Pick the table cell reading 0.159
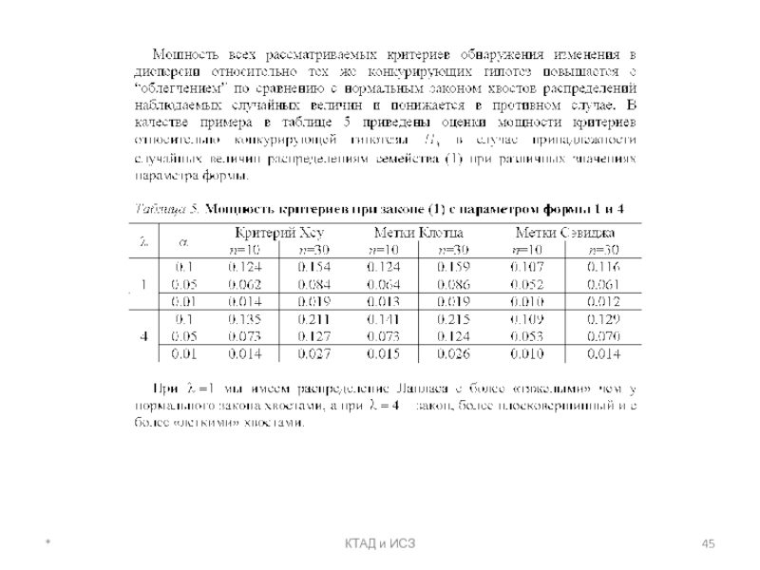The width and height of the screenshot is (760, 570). (453, 267)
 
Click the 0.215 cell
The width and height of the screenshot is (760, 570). (453, 319)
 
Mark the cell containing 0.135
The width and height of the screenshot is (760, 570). (244, 319)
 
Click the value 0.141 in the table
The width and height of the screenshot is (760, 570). (384, 319)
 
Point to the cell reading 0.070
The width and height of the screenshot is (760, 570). (602, 336)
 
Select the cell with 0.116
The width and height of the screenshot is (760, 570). (602, 267)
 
